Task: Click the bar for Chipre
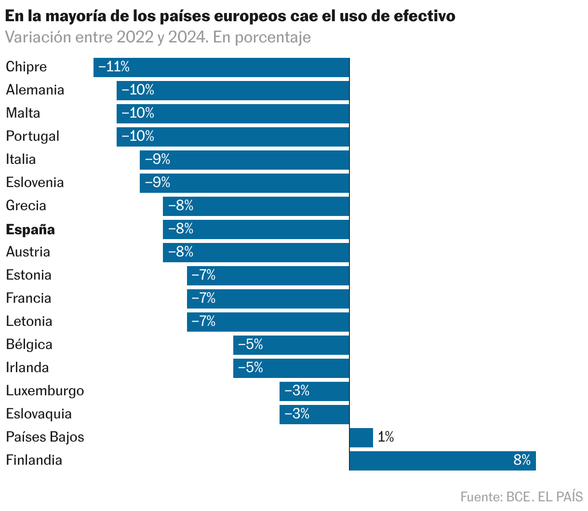point(222,67)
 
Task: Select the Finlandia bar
point(442,460)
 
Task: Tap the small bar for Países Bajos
point(361,437)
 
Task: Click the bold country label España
point(30,229)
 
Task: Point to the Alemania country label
point(35,90)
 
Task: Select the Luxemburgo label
point(45,391)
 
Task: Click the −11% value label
point(114,67)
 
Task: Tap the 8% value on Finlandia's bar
point(521,460)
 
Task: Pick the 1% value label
point(386,437)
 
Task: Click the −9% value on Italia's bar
point(158,160)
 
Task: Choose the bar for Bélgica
point(291,345)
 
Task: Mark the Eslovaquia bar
point(314,414)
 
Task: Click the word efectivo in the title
point(424,16)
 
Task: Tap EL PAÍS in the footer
point(560,497)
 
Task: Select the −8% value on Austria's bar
point(181,252)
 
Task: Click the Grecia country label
point(26,206)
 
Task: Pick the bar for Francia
point(268,298)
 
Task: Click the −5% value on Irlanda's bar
point(251,368)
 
